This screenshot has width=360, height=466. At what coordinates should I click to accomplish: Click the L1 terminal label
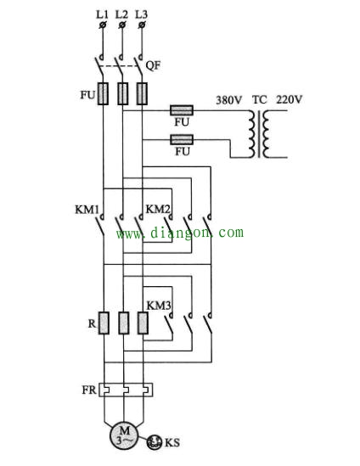(102, 14)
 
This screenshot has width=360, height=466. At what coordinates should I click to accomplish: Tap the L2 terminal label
(121, 14)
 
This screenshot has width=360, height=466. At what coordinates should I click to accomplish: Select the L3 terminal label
(141, 14)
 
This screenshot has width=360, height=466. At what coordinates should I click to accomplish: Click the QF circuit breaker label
(154, 65)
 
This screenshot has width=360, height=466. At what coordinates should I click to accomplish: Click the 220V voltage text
(290, 99)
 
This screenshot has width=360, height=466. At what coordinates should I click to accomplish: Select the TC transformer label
(260, 99)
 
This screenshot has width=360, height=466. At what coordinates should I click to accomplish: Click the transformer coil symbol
(259, 134)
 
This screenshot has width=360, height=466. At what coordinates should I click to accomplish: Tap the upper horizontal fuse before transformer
(182, 110)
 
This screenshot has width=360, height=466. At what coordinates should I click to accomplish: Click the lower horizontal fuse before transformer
(182, 139)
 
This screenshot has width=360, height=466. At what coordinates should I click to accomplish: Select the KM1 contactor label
(87, 210)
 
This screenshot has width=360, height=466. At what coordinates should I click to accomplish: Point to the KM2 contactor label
(158, 209)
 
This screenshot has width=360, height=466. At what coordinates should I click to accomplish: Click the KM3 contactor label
(159, 306)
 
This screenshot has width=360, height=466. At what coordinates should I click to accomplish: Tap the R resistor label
(92, 323)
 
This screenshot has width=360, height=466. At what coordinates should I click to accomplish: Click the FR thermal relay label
(89, 390)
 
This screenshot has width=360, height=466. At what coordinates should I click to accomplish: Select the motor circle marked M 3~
(124, 435)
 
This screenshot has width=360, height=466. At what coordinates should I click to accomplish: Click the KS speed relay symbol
(155, 442)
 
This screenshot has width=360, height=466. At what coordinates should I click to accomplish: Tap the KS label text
(172, 442)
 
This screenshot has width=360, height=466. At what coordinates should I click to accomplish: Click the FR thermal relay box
(126, 390)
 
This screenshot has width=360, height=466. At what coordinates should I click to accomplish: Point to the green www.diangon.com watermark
(180, 233)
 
